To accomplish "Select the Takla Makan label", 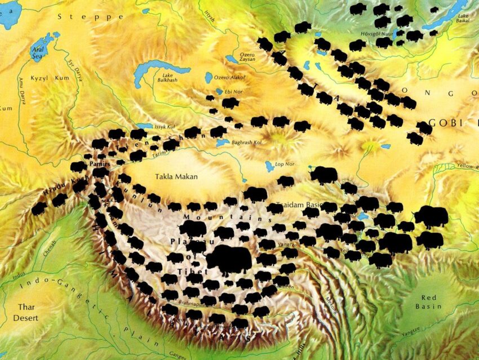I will (176, 176).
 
